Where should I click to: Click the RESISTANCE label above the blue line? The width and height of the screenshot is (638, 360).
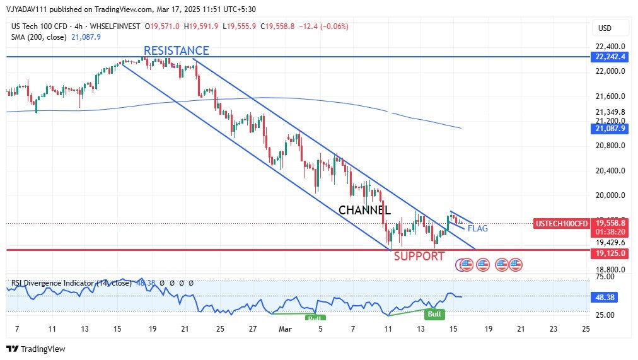176,50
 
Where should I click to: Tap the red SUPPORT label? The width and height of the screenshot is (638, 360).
419,256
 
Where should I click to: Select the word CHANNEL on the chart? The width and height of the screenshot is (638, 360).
364,211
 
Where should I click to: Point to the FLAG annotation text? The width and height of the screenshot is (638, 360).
477,228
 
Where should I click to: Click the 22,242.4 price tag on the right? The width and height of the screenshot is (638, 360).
610,57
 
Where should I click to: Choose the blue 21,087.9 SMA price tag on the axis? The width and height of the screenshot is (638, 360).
610,129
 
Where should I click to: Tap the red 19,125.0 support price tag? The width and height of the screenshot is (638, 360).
610,253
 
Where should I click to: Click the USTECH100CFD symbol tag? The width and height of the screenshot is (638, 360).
562,223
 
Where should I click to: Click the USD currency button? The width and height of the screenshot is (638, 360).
605,28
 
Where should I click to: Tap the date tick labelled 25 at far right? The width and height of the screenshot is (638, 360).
586,328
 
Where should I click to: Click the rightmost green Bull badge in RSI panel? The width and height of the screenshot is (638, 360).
434,313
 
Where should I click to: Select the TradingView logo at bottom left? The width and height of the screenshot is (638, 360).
36,349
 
